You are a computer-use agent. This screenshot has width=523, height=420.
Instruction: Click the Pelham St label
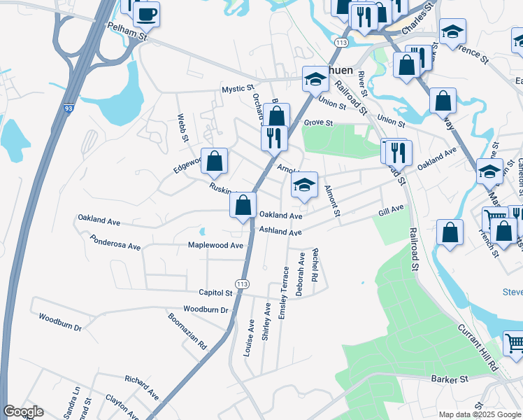coord(124,29)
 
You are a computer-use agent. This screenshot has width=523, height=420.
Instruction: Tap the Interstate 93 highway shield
coord(69,109)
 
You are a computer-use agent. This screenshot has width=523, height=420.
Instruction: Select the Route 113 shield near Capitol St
coord(242,283)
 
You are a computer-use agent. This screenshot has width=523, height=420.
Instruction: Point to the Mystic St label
coord(237,89)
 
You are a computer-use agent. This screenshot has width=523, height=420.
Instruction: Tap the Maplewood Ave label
coord(215,246)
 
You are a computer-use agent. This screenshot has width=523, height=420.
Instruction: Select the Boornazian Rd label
coord(188,330)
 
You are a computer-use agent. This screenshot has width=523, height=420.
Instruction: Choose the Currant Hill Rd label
coord(478,346)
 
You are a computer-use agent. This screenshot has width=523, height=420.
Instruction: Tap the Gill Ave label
coord(392,210)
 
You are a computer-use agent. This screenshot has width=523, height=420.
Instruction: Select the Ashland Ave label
coord(280,232)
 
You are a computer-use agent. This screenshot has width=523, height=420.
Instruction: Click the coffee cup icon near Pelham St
coord(147,14)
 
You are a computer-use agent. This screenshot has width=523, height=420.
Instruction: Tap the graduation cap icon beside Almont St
coord(304,185)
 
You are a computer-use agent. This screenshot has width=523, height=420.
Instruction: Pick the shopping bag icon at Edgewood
coord(215,161)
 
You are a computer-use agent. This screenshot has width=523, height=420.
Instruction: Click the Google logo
coord(23,412)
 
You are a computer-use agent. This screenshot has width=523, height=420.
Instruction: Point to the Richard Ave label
coord(142,387)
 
